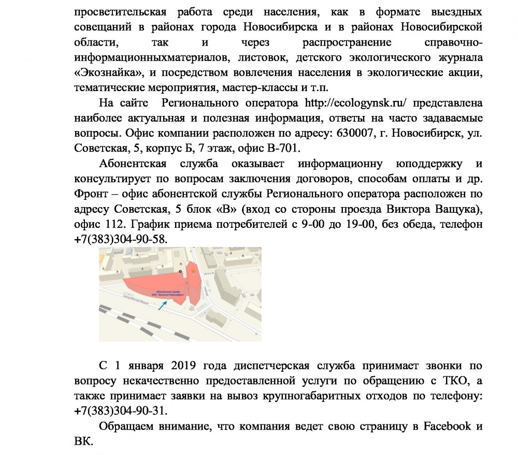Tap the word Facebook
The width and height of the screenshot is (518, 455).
point(448,426)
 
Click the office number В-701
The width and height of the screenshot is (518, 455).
point(281,149)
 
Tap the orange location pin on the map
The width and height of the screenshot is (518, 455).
point(194,269)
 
